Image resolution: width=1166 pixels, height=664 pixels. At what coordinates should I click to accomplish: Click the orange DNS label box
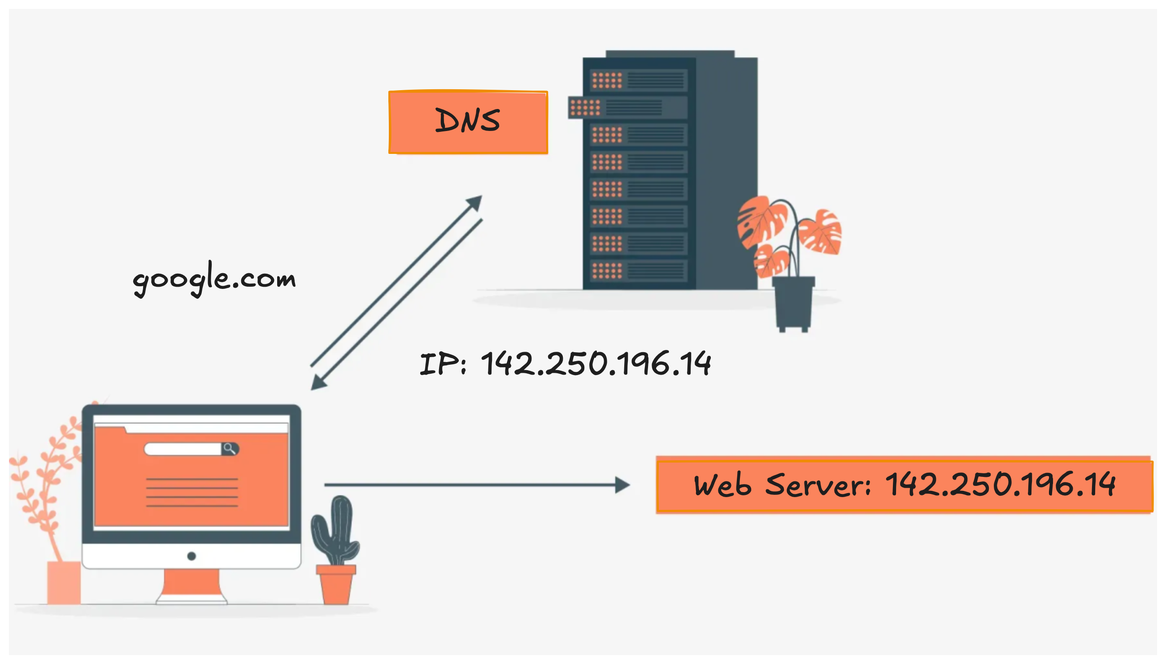click(468, 122)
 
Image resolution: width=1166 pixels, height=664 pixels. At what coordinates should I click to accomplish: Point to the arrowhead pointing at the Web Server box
click(622, 485)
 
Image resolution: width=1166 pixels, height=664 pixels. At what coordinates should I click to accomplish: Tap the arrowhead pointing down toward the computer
click(318, 382)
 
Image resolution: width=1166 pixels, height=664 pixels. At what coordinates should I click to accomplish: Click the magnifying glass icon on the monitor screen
click(229, 449)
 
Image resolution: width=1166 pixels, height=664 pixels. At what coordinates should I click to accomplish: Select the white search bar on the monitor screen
click(183, 449)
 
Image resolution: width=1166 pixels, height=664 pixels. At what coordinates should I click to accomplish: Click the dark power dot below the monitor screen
click(191, 556)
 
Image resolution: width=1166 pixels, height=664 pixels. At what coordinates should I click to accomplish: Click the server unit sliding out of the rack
click(627, 108)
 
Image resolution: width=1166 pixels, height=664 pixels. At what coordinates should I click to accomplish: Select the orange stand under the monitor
click(191, 584)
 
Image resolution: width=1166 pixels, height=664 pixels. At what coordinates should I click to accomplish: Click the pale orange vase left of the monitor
click(64, 582)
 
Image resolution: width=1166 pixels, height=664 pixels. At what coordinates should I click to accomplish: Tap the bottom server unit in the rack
click(638, 271)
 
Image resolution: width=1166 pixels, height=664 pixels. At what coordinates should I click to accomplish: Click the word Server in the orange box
click(818, 485)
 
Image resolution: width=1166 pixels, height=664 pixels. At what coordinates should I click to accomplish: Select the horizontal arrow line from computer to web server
click(470, 485)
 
